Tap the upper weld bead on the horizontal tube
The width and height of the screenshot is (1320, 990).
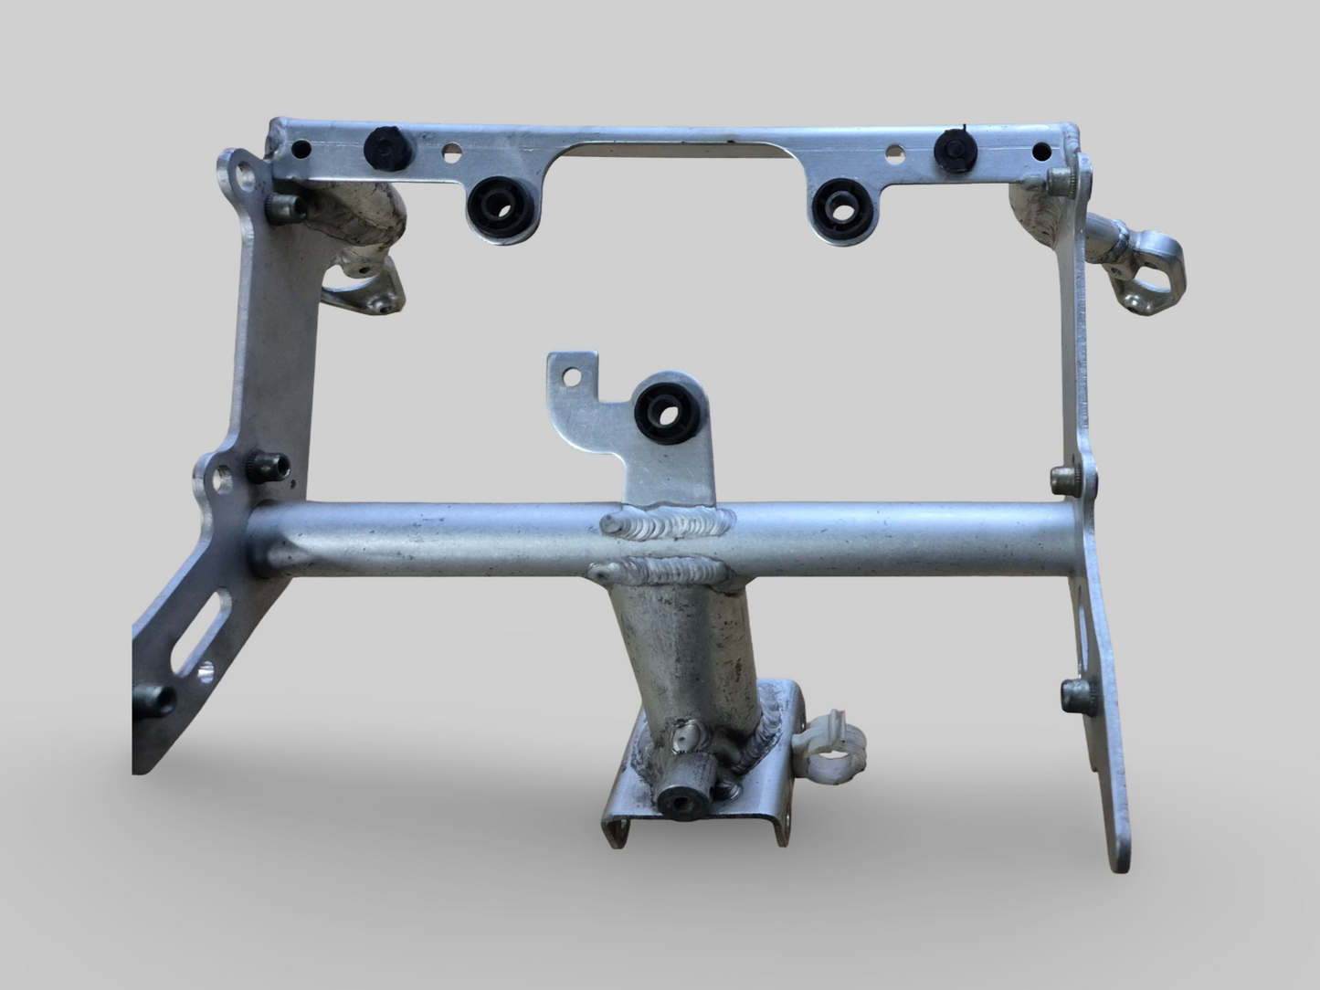[666, 524]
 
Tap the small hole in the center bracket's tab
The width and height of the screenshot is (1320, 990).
[572, 375]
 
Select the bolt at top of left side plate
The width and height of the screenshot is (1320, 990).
[283, 208]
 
